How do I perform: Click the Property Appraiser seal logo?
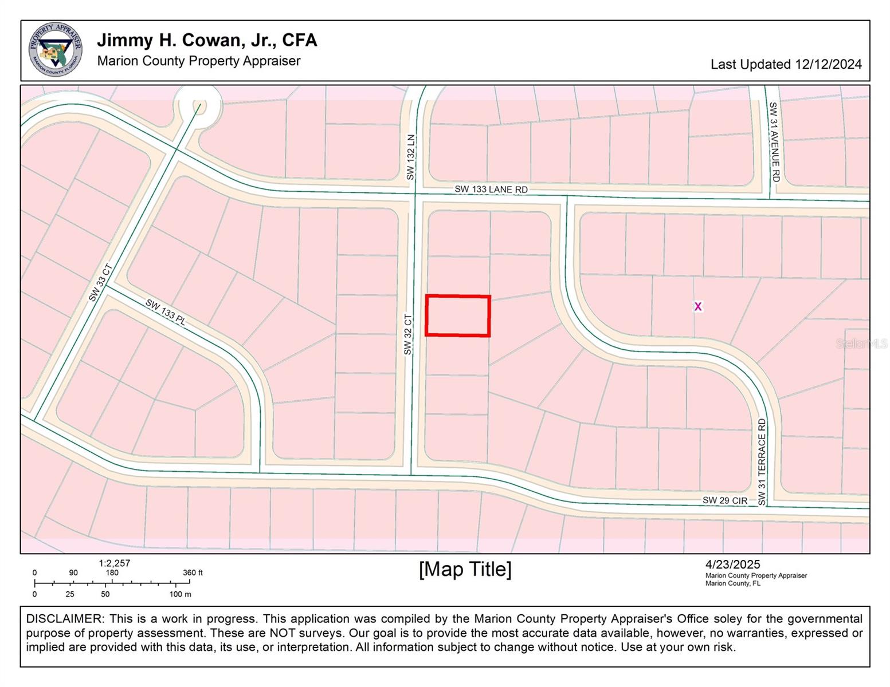[55, 49]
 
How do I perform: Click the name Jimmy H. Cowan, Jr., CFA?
[207, 40]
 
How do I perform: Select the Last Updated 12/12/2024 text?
[786, 64]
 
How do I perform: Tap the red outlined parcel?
[457, 315]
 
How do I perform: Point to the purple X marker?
[697, 306]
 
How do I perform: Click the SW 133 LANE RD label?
[491, 189]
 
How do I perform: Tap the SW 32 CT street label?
[408, 334]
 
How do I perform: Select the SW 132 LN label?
[410, 157]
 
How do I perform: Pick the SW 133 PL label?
[166, 313]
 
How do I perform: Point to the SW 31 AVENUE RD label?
[774, 142]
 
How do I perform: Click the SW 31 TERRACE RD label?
[762, 462]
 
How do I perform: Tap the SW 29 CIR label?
[725, 500]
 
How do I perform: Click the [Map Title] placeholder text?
[465, 569]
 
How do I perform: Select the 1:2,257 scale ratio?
[114, 563]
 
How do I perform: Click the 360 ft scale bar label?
[193, 572]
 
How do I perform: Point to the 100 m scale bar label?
[180, 594]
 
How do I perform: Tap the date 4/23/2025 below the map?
[732, 564]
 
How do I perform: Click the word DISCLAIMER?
[64, 619]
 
